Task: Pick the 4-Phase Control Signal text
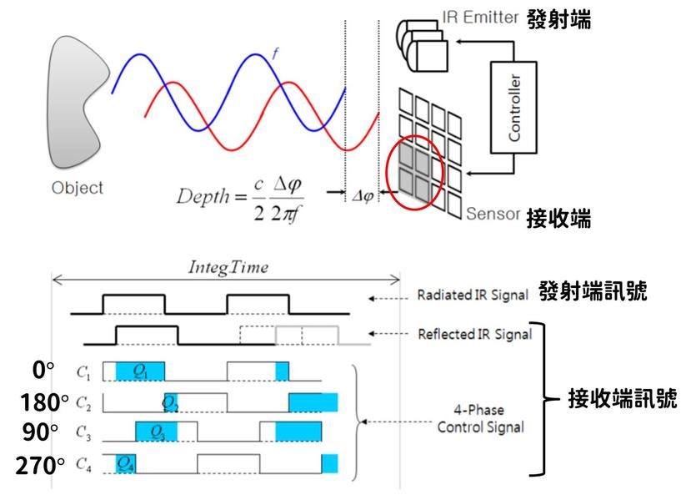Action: tap(480, 421)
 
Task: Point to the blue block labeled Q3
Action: tap(156, 432)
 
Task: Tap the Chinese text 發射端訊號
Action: tap(593, 293)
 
